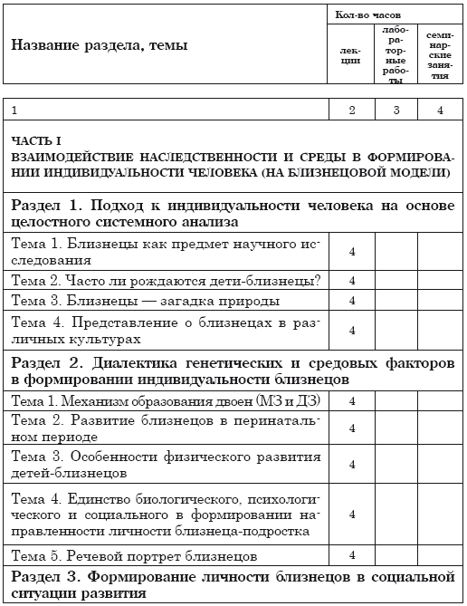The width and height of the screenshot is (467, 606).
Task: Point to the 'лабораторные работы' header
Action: tap(395, 55)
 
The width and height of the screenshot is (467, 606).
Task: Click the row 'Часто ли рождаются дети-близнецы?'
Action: tap(167, 278)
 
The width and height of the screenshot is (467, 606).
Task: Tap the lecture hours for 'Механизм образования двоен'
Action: tap(352, 400)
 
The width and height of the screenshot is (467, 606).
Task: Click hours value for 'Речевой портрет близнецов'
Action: tap(352, 554)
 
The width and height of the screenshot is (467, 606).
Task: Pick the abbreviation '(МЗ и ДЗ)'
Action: tap(281, 400)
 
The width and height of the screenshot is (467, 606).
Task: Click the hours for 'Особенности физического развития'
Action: tap(352, 464)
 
